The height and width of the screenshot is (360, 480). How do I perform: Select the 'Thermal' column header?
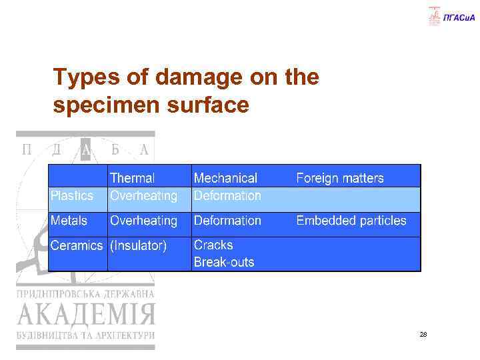(132, 178)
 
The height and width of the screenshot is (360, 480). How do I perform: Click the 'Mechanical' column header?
(225, 178)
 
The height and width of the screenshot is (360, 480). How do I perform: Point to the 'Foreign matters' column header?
(340, 178)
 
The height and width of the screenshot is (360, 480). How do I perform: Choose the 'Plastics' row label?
(72, 196)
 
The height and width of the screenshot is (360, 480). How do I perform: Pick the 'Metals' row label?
(69, 221)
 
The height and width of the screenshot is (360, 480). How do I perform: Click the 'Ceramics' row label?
(77, 245)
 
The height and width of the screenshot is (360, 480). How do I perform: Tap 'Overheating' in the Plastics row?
(144, 196)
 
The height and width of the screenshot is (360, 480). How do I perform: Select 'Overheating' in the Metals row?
(144, 221)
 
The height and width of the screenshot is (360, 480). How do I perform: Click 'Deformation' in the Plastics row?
(227, 196)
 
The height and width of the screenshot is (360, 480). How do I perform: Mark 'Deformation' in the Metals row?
(227, 221)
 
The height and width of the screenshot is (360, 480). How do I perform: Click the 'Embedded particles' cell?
(351, 221)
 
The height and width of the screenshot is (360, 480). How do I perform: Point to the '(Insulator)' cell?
(139, 245)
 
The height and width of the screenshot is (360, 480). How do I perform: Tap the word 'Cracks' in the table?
(213, 245)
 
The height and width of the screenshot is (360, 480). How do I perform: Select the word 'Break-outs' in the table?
(224, 262)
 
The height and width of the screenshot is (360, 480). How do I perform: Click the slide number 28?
(423, 334)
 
